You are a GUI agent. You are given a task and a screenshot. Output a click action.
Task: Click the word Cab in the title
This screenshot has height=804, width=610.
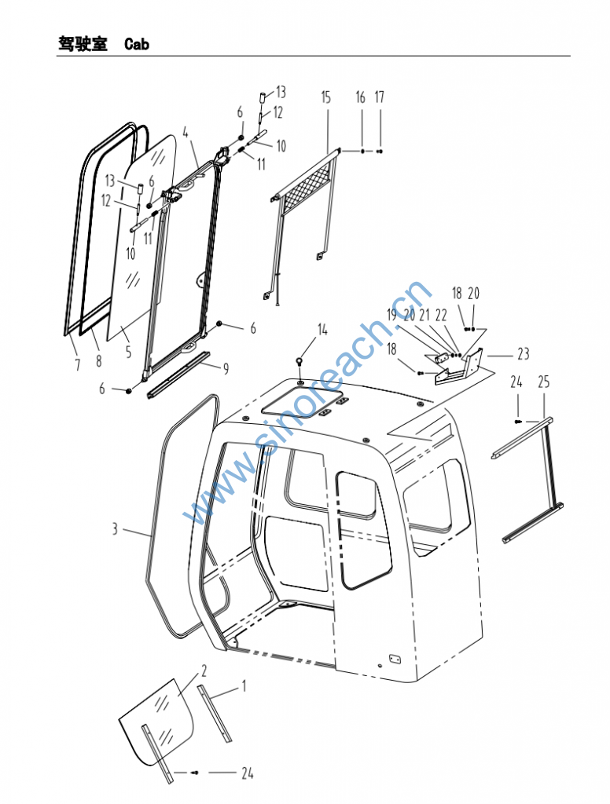[x=137, y=44]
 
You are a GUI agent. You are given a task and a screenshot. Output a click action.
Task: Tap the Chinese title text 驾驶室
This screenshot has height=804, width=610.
[x=83, y=44]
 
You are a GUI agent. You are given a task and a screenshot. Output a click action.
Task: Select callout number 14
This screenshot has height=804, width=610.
[x=322, y=330]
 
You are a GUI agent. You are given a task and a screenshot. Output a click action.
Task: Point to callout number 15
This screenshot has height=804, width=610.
[x=326, y=97]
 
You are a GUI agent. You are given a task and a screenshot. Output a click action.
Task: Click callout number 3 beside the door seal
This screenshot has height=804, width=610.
[x=115, y=528]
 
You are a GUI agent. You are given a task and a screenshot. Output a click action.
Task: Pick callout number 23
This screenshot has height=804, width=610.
[x=524, y=354]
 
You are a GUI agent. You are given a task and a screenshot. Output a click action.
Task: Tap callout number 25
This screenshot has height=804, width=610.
[x=544, y=382]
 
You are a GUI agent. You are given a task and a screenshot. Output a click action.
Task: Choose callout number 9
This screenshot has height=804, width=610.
[x=226, y=369]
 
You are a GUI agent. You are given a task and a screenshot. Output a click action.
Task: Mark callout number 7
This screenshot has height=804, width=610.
[x=78, y=364]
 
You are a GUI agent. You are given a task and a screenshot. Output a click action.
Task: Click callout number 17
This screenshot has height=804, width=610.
[x=380, y=97]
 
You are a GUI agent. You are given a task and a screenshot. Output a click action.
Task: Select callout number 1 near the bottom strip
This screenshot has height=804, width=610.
[x=244, y=685]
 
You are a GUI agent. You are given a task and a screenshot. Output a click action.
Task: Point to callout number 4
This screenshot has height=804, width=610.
[x=186, y=133]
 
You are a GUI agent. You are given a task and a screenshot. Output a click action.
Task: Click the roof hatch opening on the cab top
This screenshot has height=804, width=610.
[x=302, y=402]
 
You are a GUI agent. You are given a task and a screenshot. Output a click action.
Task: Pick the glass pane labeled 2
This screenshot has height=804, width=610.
[x=157, y=721]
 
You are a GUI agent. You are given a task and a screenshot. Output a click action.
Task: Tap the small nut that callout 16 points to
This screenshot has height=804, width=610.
[x=363, y=152]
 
